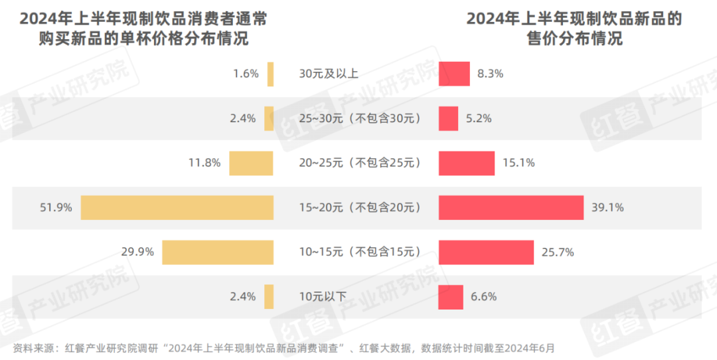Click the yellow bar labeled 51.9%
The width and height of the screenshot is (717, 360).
177,208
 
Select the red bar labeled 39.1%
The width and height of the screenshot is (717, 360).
511,208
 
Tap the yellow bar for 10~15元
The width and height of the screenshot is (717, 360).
218,252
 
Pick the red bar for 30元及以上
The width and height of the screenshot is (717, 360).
454,74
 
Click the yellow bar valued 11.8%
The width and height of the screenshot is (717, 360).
251,163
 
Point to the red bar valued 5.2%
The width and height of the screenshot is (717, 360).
448,118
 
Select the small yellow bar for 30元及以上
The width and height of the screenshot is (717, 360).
270,74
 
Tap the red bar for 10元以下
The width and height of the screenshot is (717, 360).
451,297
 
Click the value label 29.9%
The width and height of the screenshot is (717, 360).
137,252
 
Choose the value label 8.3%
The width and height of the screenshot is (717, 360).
491,74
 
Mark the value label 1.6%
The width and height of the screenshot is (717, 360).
245,74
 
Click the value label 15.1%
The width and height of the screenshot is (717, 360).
518,163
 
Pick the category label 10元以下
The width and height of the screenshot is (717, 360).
323,297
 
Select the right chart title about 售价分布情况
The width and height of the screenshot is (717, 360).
574,29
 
